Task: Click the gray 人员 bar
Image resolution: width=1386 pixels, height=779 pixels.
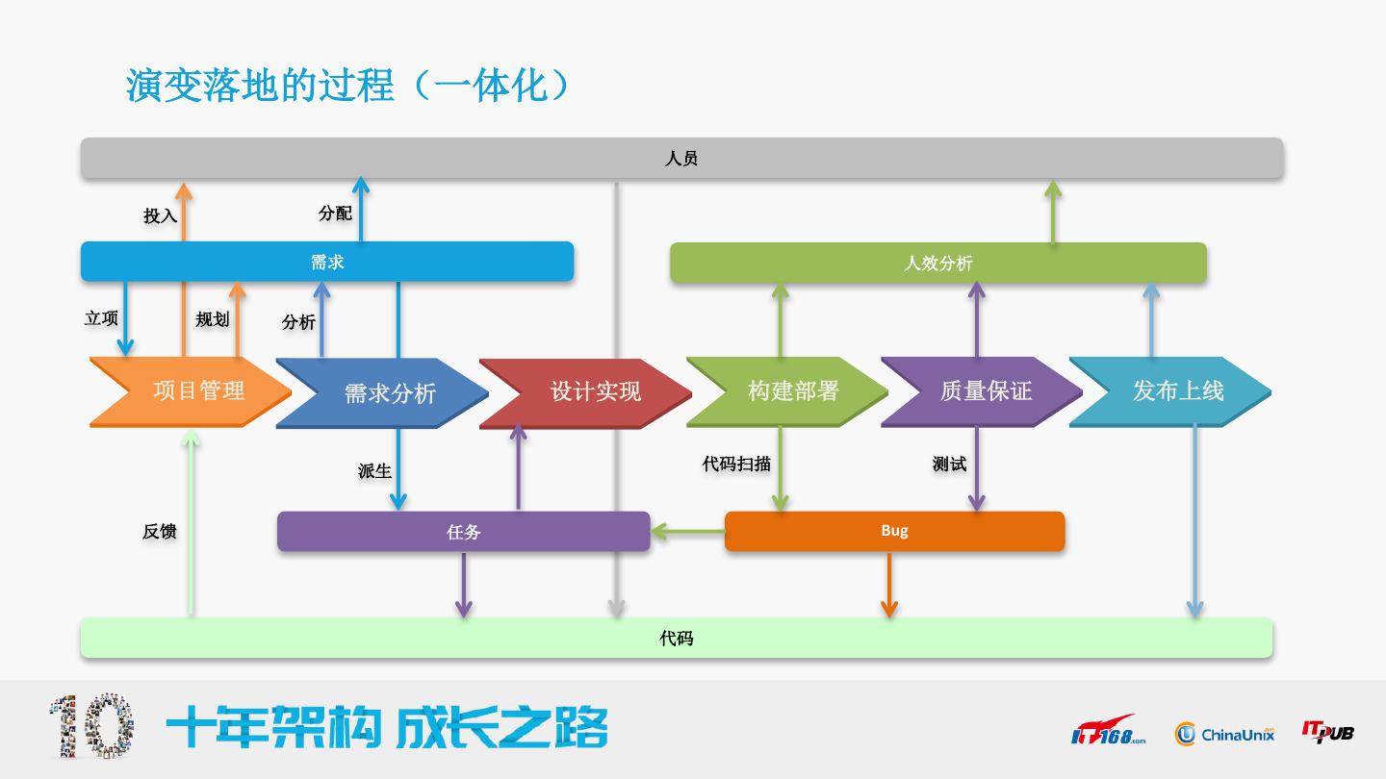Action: pos(681,159)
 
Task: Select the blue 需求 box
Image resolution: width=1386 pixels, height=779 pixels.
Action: pos(327,262)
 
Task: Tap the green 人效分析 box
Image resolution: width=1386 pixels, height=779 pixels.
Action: pos(938,264)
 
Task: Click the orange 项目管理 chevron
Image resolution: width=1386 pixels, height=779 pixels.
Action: pos(191,391)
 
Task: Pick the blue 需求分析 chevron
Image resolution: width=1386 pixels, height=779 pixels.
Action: pos(382,393)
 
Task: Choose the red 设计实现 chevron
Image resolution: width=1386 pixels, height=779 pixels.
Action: pos(585,393)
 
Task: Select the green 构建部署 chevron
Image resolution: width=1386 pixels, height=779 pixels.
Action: pos(787,392)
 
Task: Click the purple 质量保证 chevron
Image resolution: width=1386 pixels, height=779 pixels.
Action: pos(982,392)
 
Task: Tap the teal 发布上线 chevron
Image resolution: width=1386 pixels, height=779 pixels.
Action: pos(1170,392)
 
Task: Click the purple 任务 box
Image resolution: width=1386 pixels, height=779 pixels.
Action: pos(464,532)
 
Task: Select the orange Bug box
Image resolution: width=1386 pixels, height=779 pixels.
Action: pos(895,531)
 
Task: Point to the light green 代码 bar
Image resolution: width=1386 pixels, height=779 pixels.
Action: pos(677,638)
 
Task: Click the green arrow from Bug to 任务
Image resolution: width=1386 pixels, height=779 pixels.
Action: pos(687,531)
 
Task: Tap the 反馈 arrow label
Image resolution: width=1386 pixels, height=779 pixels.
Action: pos(160,531)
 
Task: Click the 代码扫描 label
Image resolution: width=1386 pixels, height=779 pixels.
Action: pos(736,464)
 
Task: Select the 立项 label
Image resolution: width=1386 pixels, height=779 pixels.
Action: pos(101,318)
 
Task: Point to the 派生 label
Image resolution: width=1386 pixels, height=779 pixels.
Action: pos(374,471)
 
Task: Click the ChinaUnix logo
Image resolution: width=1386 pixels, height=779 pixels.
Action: pos(1224,734)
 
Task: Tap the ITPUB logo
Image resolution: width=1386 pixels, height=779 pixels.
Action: pos(1328,732)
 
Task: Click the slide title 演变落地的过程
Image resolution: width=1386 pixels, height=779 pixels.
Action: pos(260,86)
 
